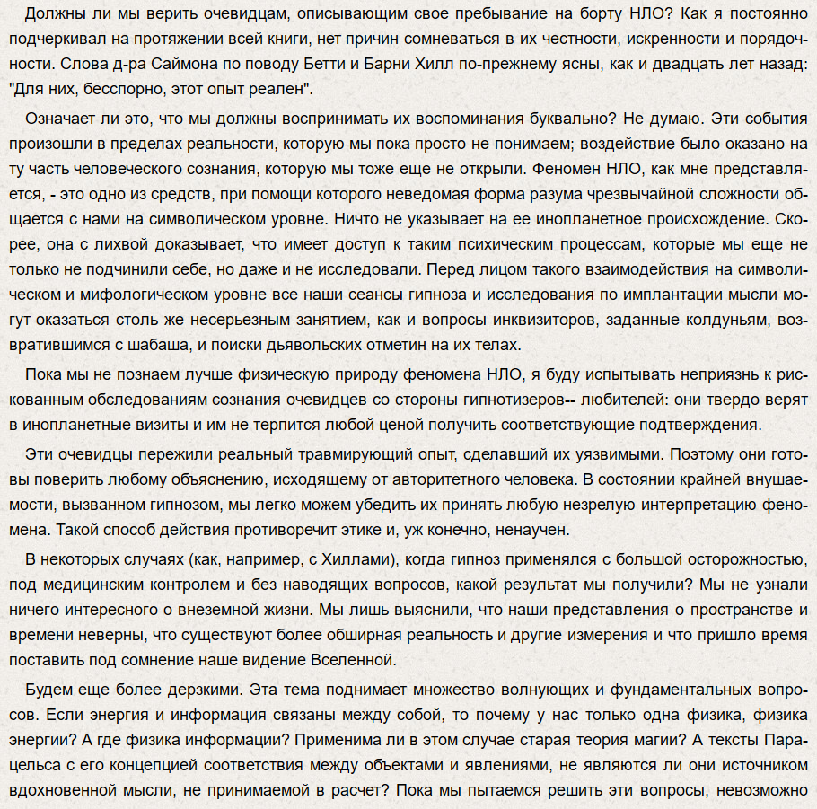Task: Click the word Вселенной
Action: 353,660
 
